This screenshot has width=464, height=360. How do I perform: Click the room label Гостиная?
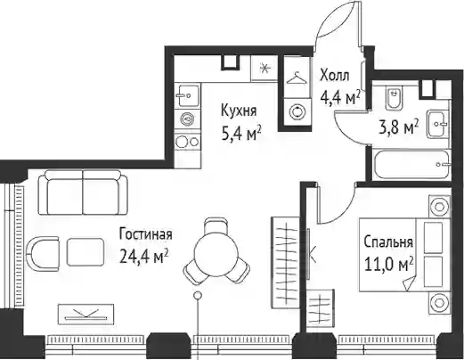click(145, 234)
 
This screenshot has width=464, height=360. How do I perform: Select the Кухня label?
click(239, 111)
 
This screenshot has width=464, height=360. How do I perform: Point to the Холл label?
click(335, 76)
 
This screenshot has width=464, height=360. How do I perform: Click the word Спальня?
click(388, 242)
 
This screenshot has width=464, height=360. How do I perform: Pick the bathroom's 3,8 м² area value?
click(399, 128)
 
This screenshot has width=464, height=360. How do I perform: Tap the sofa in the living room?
click(83, 192)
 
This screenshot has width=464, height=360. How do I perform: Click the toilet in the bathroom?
click(395, 97)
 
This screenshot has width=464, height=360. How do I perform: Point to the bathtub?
click(411, 165)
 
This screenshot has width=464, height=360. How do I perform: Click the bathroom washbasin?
click(438, 124)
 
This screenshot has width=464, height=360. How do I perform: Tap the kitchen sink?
click(188, 96)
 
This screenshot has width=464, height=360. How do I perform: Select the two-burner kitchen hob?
click(187, 142)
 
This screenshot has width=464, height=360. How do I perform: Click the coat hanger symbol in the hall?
click(296, 78)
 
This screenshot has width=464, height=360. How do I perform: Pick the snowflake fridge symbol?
click(265, 69)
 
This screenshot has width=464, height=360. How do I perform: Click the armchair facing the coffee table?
click(43, 254)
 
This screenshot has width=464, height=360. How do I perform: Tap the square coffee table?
click(85, 252)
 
